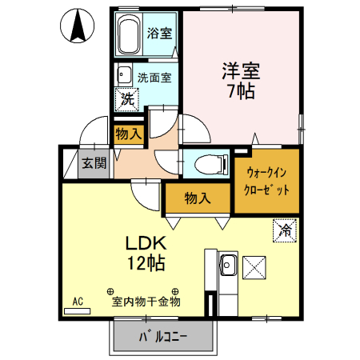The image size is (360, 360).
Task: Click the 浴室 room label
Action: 160,34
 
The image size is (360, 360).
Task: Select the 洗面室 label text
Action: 154,78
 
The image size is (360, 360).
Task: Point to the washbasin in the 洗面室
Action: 124,77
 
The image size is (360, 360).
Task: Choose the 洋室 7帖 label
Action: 239,79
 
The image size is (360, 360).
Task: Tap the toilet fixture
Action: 204,164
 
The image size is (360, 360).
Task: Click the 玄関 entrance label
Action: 94,164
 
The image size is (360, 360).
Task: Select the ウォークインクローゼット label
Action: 267,180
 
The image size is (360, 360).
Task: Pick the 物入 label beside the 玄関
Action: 127,133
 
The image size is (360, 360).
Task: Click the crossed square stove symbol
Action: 255,265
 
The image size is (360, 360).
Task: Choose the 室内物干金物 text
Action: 146,302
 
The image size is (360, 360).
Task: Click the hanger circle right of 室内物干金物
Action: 175,290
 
